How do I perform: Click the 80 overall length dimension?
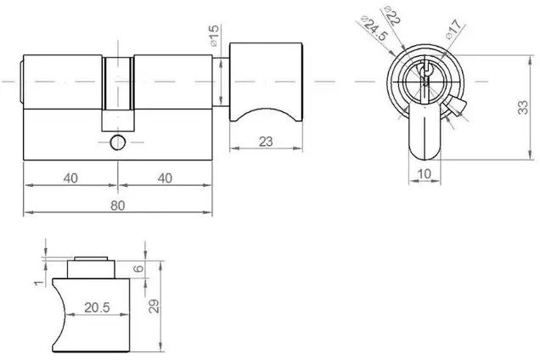coord(117,205)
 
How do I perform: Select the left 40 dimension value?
coord(70,178)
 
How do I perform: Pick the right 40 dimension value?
coord(165,178)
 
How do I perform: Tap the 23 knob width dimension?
coord(266,142)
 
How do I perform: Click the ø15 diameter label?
coord(213,36)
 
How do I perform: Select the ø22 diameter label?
coord(392,16)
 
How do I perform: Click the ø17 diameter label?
coord(453,30)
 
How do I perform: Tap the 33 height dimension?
coord(523,107)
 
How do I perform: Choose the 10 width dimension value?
coord(424,173)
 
